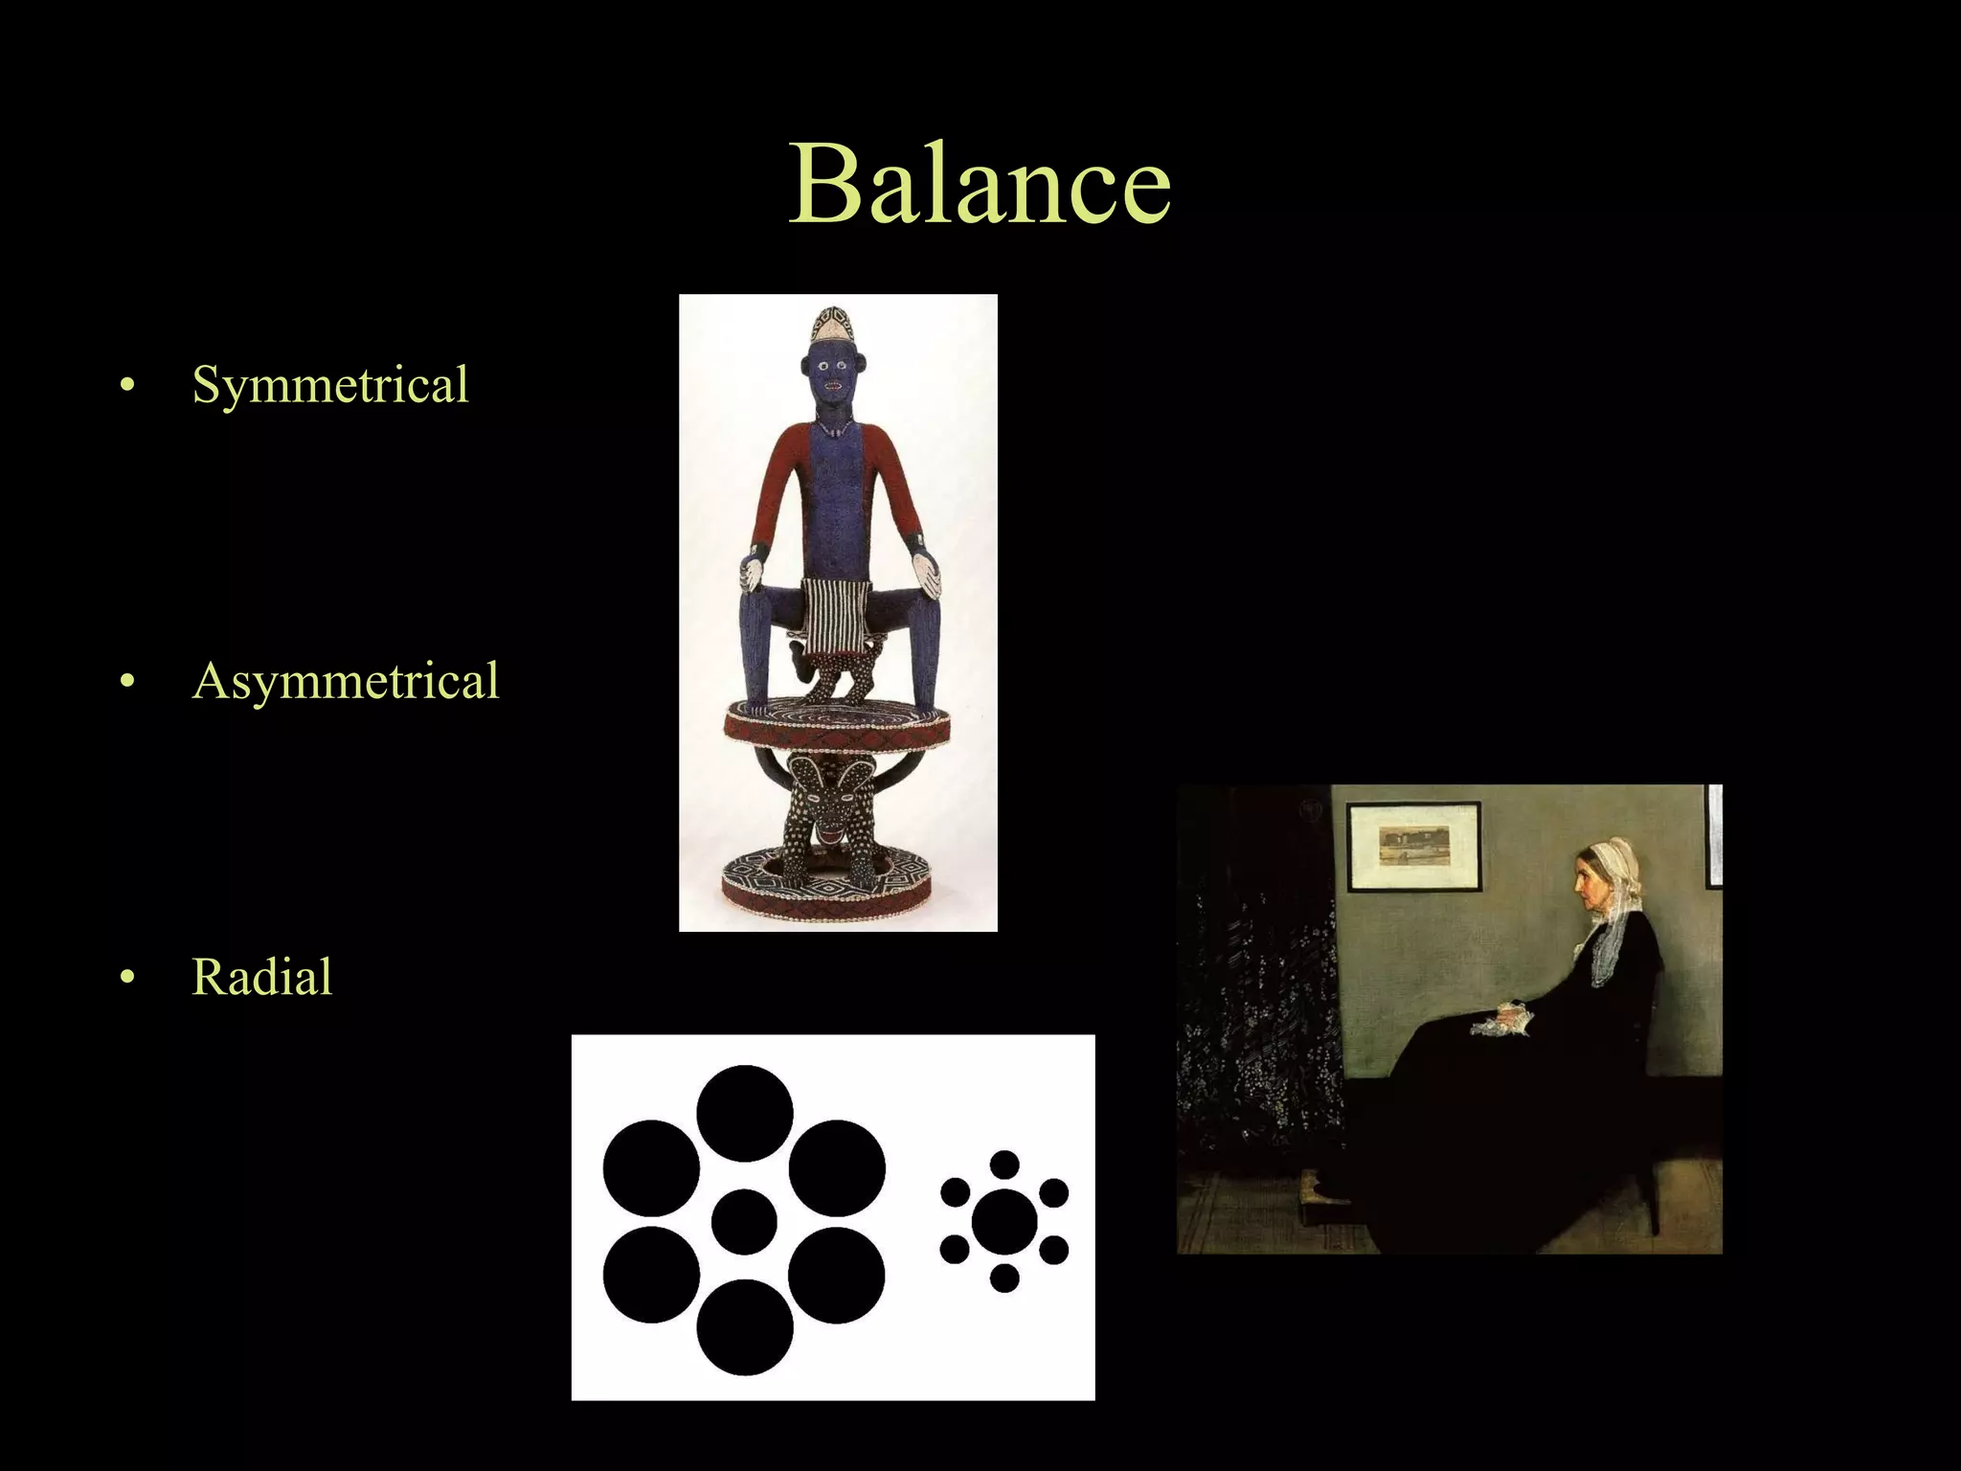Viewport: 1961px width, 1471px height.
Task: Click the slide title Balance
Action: [x=980, y=184]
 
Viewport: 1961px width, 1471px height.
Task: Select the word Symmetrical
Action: [x=330, y=385]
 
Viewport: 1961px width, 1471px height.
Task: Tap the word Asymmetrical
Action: [x=346, y=682]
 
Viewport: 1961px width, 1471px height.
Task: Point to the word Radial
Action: [x=262, y=978]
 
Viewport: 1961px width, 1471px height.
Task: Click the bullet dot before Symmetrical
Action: [x=127, y=386]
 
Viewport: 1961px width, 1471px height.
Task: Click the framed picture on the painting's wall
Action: [x=1413, y=845]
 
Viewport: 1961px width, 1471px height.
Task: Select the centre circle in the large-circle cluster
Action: [x=744, y=1222]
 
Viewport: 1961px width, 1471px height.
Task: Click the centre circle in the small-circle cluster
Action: [x=1003, y=1222]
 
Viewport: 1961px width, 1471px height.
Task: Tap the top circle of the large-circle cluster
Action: [x=744, y=1113]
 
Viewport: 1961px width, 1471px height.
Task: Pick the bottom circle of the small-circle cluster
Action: [x=1003, y=1278]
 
